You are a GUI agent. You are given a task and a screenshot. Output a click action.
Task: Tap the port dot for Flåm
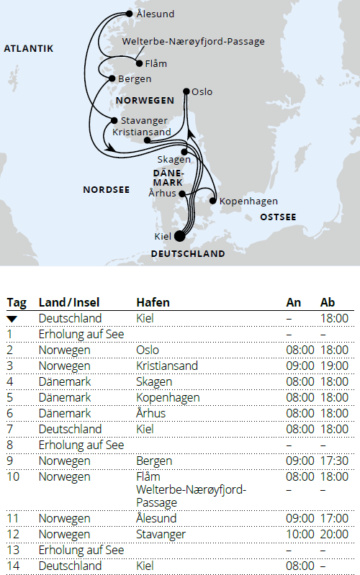(140, 63)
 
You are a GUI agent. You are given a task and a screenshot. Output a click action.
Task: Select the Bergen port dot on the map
(112, 78)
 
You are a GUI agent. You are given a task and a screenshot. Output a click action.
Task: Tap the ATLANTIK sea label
(29, 49)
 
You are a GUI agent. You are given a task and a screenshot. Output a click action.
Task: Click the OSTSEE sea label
(278, 217)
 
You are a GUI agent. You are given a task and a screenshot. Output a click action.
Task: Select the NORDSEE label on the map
(106, 190)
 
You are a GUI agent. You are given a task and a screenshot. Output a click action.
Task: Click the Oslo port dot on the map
(186, 91)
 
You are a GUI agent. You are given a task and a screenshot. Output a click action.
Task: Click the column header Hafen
(153, 302)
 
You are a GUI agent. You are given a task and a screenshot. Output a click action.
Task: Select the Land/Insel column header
(71, 302)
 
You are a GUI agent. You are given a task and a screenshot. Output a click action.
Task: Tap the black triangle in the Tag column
(13, 318)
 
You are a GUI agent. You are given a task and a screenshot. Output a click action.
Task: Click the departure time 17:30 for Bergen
(334, 461)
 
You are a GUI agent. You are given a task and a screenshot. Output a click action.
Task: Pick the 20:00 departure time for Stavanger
(334, 534)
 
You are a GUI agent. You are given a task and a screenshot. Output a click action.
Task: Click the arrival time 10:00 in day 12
(300, 534)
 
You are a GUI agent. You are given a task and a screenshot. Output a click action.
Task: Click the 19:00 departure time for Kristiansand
(334, 366)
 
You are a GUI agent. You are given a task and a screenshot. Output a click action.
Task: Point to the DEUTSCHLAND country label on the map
(187, 253)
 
